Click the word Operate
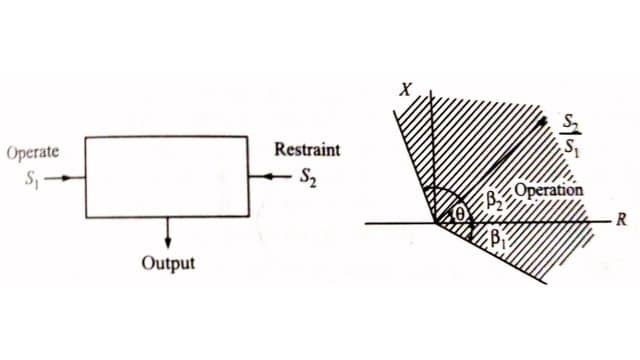(33, 154)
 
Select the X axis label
(405, 90)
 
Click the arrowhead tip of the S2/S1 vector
(545, 120)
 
